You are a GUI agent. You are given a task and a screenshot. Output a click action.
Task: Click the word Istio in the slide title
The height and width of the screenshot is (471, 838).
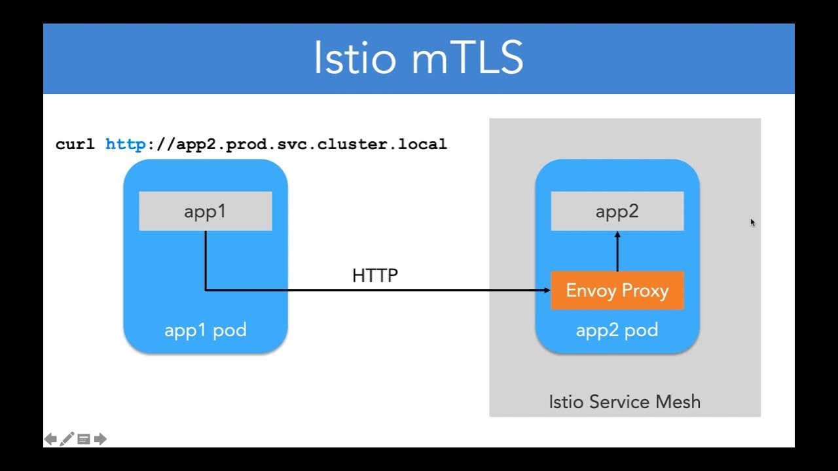coord(355,58)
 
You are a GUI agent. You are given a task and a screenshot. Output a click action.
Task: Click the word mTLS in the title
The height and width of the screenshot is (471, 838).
coord(467,58)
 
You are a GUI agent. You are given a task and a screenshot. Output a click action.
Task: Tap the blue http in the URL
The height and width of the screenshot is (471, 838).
coord(126,144)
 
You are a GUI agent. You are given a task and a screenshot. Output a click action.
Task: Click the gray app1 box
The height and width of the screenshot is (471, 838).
coord(205,211)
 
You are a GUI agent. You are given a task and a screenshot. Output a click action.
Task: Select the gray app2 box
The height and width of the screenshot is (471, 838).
coord(617,211)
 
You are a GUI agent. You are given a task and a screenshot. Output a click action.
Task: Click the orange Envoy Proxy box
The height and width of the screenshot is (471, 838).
coord(617,290)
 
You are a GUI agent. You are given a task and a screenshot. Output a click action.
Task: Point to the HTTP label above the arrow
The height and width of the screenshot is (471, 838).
coord(374,275)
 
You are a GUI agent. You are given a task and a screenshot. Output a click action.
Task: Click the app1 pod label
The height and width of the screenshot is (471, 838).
coord(205,330)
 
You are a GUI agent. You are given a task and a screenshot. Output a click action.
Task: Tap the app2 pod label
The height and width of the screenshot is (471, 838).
coord(617,330)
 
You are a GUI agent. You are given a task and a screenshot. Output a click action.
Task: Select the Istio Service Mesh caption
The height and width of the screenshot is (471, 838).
coord(624,401)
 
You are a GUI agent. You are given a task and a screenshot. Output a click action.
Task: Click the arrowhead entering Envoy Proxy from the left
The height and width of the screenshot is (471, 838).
coord(546,290)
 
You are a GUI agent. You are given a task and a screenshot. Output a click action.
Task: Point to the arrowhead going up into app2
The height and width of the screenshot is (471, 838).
coord(617,235)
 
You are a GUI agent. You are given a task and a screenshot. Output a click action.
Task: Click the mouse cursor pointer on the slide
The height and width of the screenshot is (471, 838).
coord(753,222)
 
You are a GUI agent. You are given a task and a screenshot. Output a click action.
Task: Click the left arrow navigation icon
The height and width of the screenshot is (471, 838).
coord(50,439)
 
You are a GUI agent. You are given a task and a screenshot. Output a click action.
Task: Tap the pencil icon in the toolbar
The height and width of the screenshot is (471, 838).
coord(67,439)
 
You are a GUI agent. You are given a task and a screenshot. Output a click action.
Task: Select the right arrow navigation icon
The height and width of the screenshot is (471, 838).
coord(100,439)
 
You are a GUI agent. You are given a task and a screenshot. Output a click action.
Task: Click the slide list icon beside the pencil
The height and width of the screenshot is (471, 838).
coord(84,439)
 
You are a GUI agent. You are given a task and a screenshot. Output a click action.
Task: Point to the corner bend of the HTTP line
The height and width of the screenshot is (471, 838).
coord(206,290)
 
